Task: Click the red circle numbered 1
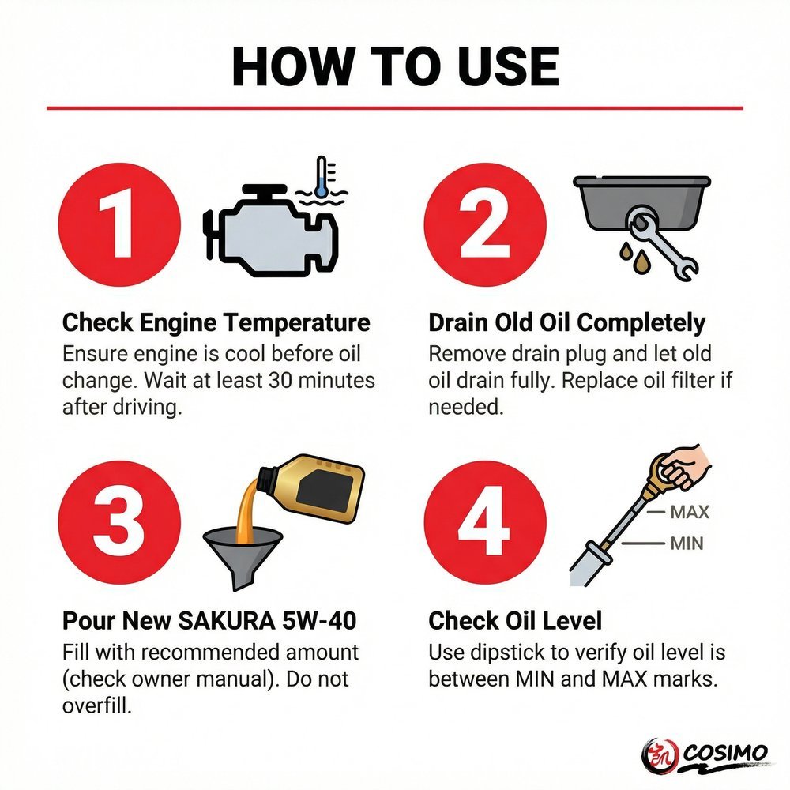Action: pyautogui.click(x=119, y=224)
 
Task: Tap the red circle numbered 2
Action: pyautogui.click(x=485, y=224)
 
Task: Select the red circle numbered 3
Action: pyautogui.click(x=119, y=522)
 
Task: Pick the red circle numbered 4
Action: pyautogui.click(x=485, y=522)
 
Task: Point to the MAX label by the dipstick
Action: pyautogui.click(x=690, y=513)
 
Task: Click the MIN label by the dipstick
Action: pyautogui.click(x=687, y=544)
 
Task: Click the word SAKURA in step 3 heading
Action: pyautogui.click(x=227, y=620)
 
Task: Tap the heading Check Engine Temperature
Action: pyautogui.click(x=216, y=322)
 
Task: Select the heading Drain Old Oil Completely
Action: pyautogui.click(x=566, y=322)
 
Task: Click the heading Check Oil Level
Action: pyautogui.click(x=515, y=620)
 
